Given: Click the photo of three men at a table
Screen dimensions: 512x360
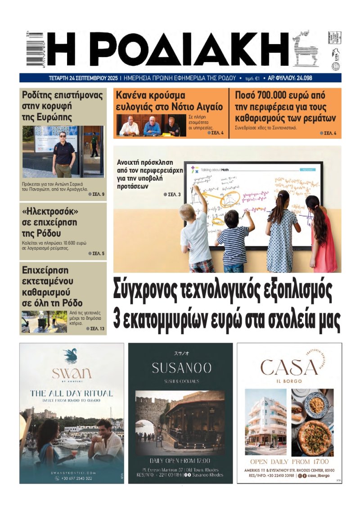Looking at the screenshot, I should (149, 125).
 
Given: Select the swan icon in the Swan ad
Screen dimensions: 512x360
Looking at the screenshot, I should (71, 356).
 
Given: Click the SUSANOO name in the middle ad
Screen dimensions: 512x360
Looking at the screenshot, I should (181, 368).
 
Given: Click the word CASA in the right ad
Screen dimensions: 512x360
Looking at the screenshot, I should (289, 368).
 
